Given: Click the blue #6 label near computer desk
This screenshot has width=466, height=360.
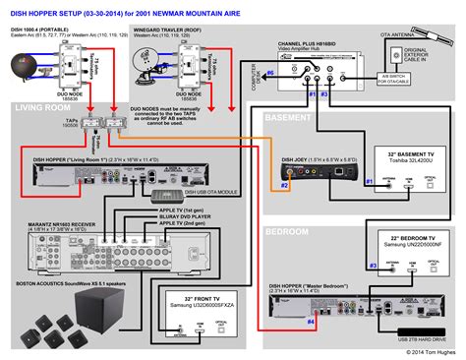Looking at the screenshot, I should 270,74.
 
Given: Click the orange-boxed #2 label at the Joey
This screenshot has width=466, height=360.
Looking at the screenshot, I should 285,184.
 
